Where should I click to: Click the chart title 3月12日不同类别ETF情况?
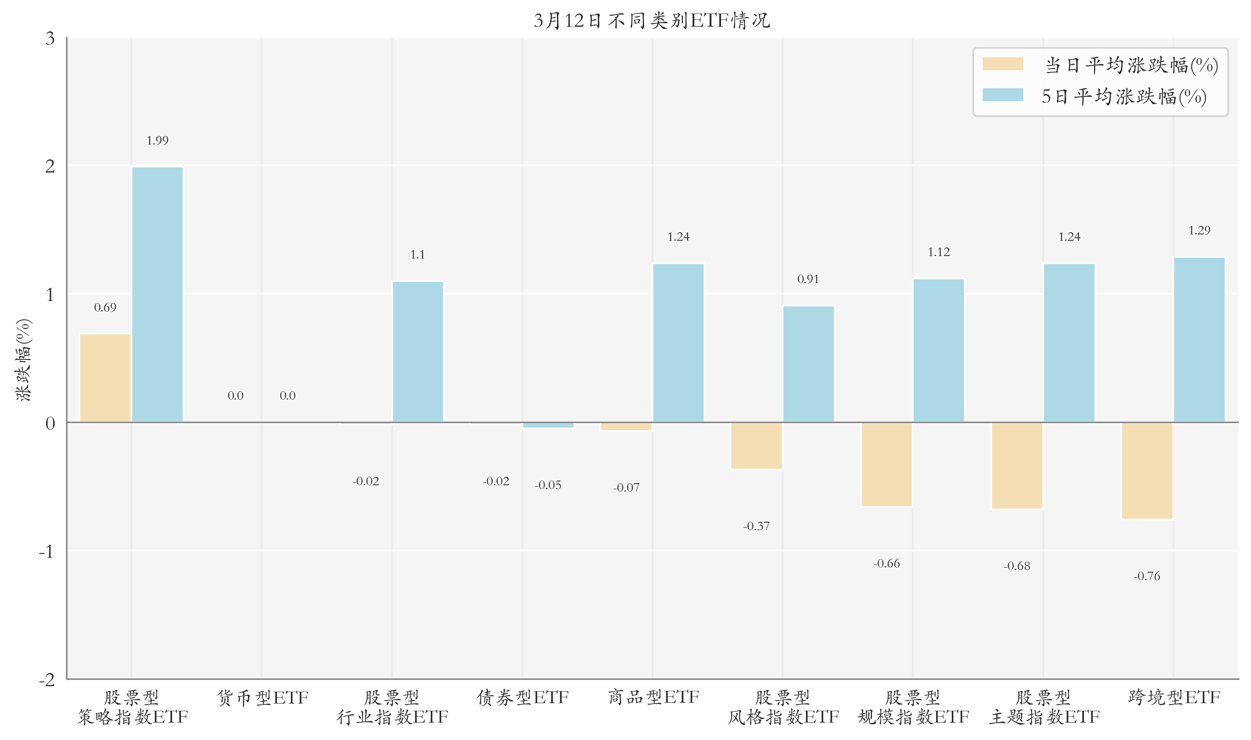(x=652, y=20)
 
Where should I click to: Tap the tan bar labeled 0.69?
(x=105, y=378)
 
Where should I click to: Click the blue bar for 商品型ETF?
(x=678, y=342)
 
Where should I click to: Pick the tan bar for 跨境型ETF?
(x=1147, y=471)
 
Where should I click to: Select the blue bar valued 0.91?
(x=808, y=364)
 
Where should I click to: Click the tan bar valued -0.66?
(x=886, y=464)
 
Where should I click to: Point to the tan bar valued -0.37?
(x=756, y=446)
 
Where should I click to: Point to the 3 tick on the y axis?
(x=50, y=39)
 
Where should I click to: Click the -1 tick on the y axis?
(x=46, y=551)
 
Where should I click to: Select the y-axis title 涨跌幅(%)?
(x=23, y=359)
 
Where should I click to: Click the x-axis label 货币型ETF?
(x=262, y=697)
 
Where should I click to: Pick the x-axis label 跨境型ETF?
(x=1174, y=697)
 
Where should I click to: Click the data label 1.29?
(x=1199, y=231)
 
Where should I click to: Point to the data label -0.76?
(x=1147, y=576)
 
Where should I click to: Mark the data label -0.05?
(x=548, y=485)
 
